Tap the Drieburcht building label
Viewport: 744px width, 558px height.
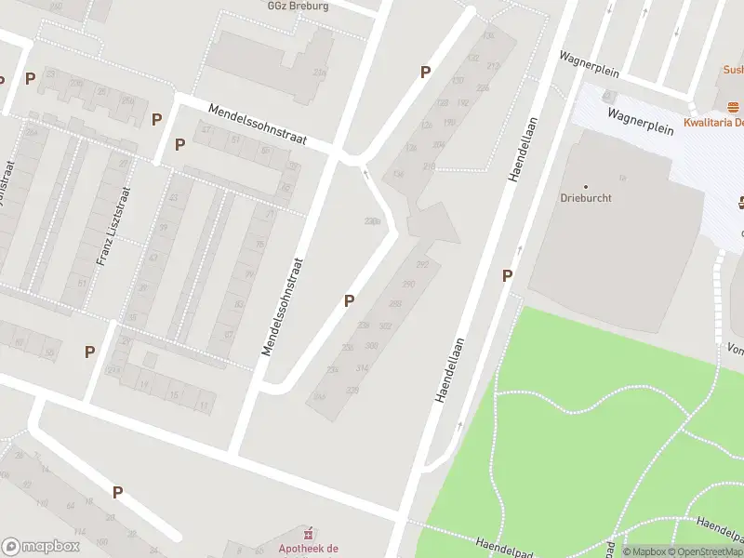(x=585, y=198)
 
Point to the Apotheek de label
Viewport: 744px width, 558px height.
(x=308, y=549)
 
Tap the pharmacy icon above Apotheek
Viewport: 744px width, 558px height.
(x=308, y=533)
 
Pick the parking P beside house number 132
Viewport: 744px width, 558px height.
(x=425, y=73)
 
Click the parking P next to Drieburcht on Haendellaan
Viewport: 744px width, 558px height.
(x=507, y=275)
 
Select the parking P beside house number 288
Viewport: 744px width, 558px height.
(x=349, y=300)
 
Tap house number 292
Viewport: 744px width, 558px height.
(x=421, y=265)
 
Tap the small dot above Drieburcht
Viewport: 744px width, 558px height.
(x=585, y=186)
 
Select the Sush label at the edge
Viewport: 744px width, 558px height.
(x=734, y=69)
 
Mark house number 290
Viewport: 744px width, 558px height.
(x=407, y=285)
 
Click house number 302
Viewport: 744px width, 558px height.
(x=384, y=326)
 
